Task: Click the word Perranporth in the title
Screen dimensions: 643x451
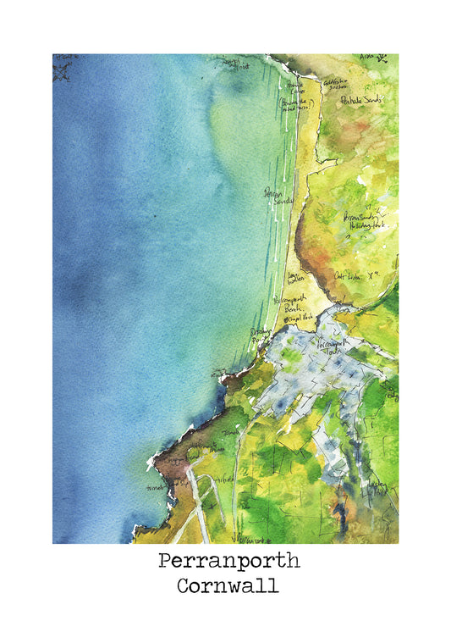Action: click(228, 562)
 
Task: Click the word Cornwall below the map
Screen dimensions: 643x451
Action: click(228, 586)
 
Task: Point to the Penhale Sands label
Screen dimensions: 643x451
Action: click(361, 100)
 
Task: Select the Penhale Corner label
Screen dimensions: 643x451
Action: click(294, 88)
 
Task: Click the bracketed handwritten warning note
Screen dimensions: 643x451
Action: click(296, 104)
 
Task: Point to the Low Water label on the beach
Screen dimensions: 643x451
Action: click(295, 280)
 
